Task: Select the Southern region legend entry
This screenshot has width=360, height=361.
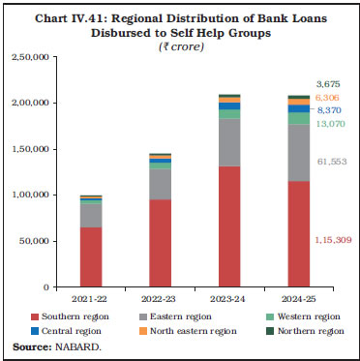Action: click(x=69, y=316)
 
